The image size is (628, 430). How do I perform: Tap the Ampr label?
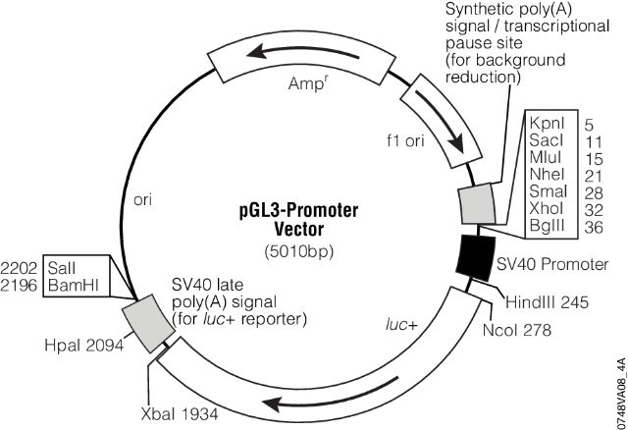pos(307,84)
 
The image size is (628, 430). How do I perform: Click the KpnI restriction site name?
pos(545,125)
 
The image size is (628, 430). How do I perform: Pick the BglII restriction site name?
pos(546,224)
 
